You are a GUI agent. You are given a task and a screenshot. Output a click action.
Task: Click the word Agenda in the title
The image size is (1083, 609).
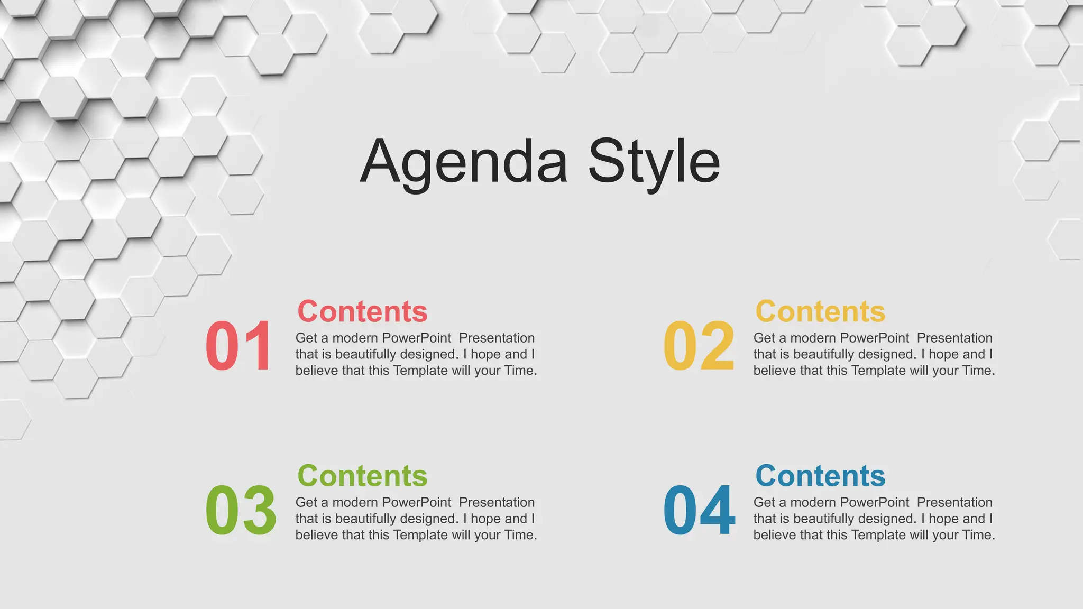pyautogui.click(x=464, y=161)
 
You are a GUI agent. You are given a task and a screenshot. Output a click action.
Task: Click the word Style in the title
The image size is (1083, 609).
pyautogui.click(x=654, y=161)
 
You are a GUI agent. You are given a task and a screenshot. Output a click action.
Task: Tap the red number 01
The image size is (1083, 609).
pyautogui.click(x=238, y=346)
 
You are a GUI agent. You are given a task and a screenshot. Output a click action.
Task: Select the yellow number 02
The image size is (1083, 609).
pyautogui.click(x=698, y=346)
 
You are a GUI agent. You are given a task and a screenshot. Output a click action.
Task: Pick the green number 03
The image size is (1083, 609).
pyautogui.click(x=241, y=511)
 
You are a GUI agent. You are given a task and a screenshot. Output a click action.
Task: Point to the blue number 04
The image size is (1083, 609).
pyautogui.click(x=699, y=511)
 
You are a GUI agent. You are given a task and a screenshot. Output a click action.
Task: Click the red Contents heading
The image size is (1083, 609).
pyautogui.click(x=362, y=311)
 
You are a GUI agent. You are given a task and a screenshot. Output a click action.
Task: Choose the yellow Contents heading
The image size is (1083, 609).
pyautogui.click(x=820, y=311)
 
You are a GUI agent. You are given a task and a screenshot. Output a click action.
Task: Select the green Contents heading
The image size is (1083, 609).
pyautogui.click(x=362, y=476)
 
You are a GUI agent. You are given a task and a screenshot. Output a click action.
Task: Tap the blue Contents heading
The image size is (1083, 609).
pyautogui.click(x=820, y=476)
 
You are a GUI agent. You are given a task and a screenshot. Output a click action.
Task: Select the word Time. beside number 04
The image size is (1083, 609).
pyautogui.click(x=978, y=535)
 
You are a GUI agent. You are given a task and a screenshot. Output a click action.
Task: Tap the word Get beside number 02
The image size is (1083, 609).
pyautogui.click(x=764, y=338)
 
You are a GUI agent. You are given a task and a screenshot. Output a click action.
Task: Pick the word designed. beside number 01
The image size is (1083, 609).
pyautogui.click(x=429, y=354)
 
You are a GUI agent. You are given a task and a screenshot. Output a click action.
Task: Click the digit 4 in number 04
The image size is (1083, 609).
pyautogui.click(x=718, y=511)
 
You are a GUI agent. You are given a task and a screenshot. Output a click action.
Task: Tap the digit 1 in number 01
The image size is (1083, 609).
pyautogui.click(x=258, y=346)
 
